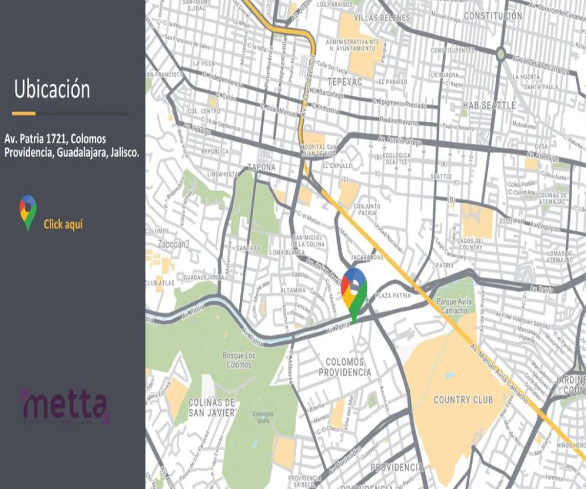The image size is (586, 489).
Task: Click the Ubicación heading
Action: click(x=52, y=90)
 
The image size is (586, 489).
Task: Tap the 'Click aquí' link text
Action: click(x=63, y=224)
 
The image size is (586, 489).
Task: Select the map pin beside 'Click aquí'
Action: click(x=28, y=212)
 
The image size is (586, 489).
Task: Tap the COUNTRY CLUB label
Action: click(x=463, y=400)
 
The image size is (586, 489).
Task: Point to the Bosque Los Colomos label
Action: click(x=239, y=360)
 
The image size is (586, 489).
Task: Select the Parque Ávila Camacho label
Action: click(x=454, y=306)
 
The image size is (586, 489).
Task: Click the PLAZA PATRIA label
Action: click(x=391, y=296)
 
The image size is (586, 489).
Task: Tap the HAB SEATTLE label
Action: click(x=489, y=105)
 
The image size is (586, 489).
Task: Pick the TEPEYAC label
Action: click(x=345, y=82)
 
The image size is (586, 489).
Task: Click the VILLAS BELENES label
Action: click(x=382, y=18)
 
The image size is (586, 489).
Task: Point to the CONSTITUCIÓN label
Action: click(x=493, y=16)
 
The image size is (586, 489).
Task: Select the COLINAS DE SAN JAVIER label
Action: click(x=211, y=407)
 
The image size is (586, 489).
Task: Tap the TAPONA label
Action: click(x=262, y=167)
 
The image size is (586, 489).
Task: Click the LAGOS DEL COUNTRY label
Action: click(x=471, y=244)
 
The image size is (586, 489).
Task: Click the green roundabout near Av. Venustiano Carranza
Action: click(x=501, y=53)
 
